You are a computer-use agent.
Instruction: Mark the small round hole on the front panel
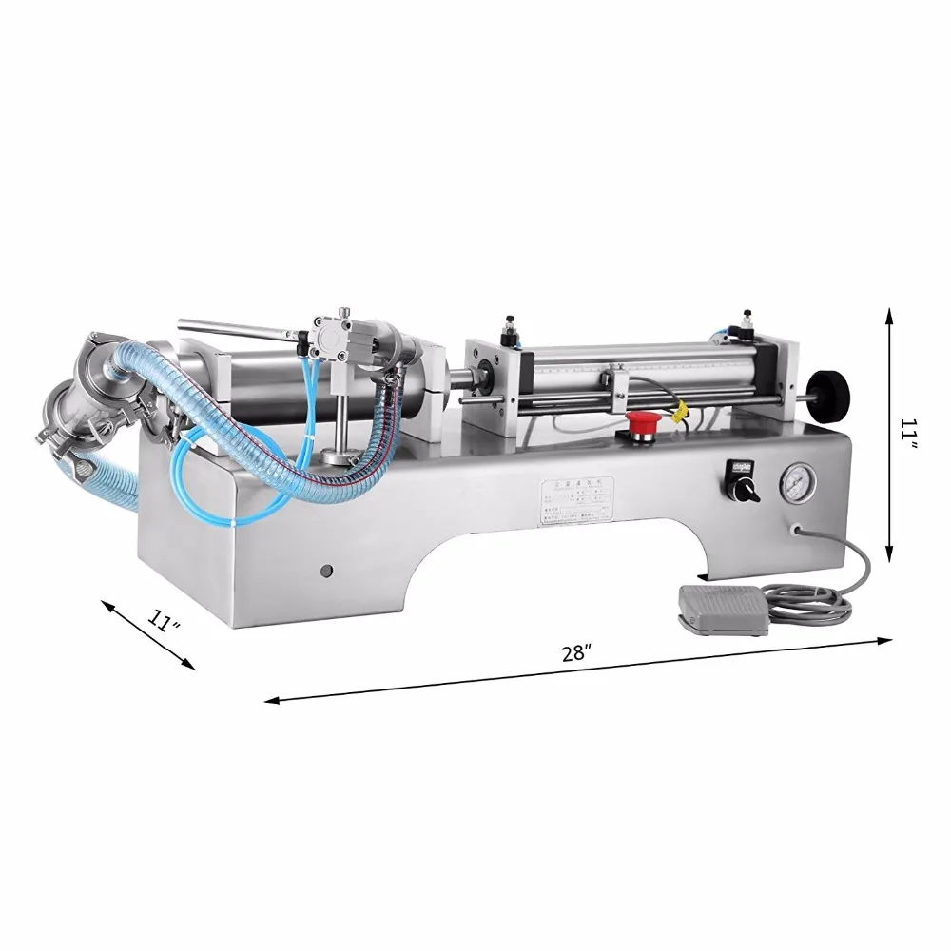click(x=326, y=571)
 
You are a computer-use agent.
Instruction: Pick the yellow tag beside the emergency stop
click(x=680, y=412)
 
